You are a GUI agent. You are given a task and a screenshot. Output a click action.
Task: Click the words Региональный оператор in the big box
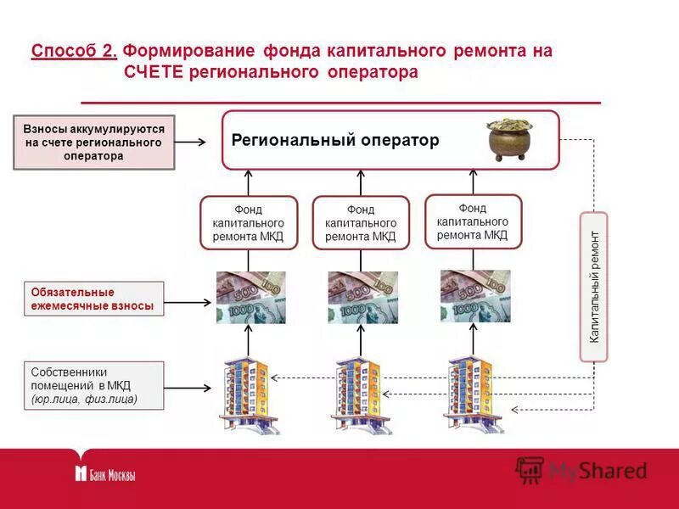[335, 141]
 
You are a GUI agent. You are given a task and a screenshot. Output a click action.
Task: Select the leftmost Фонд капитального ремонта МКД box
[249, 223]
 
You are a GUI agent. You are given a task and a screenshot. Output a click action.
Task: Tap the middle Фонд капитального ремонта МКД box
[361, 223]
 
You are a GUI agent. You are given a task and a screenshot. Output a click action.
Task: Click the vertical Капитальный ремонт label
[594, 286]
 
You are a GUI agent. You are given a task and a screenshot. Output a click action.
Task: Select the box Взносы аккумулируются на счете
[94, 143]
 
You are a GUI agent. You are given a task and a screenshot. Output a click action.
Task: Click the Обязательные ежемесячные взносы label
[93, 299]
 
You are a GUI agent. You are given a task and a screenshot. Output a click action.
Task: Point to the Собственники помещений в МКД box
[93, 385]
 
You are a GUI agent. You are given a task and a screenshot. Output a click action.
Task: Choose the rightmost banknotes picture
[475, 296]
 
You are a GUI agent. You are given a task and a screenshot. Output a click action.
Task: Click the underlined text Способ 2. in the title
[74, 51]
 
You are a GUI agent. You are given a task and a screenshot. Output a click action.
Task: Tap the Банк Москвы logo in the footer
[105, 474]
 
